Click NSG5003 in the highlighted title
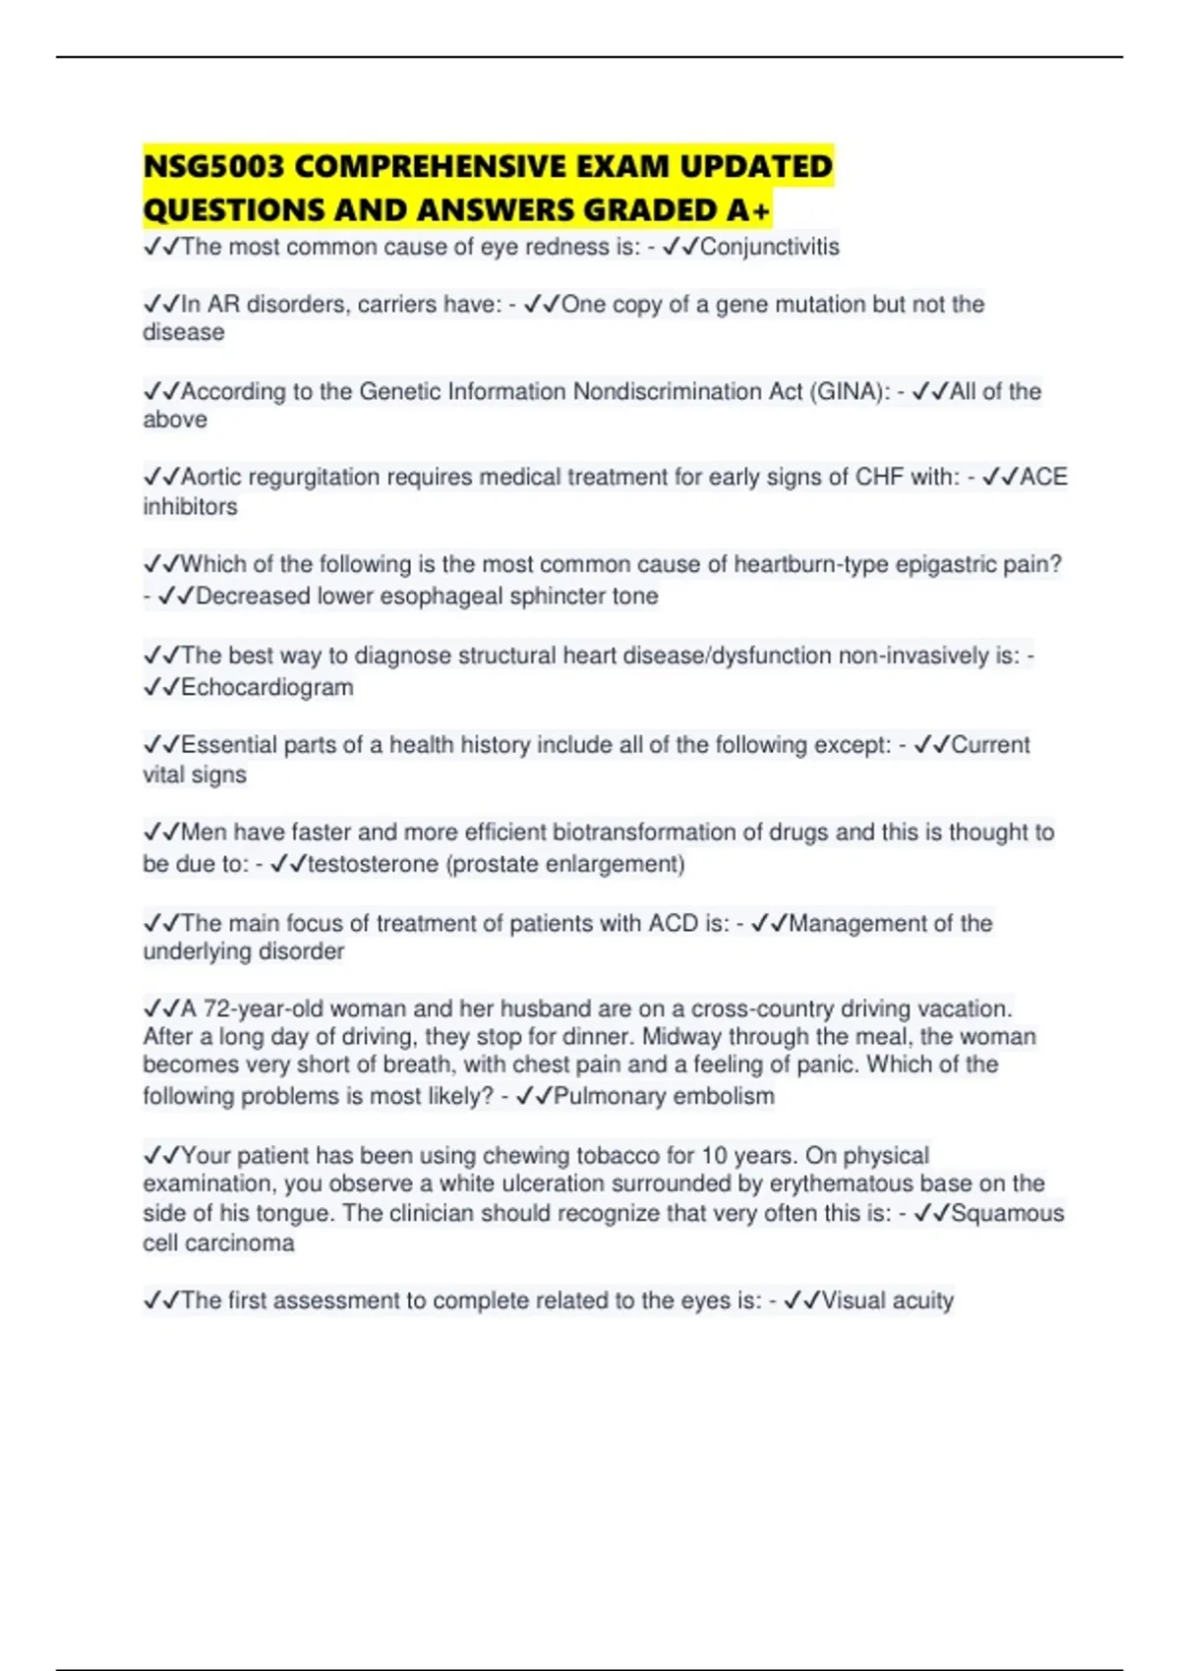click(x=213, y=166)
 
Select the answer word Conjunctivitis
click(x=769, y=247)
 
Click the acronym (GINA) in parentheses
click(x=851, y=391)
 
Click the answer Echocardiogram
click(x=266, y=687)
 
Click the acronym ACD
click(x=673, y=923)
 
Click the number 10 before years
click(x=715, y=1155)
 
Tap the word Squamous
click(x=1007, y=1213)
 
